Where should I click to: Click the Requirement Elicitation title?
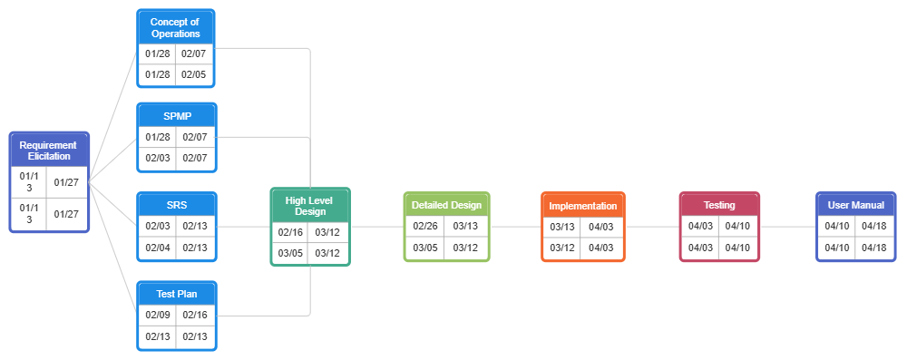49,151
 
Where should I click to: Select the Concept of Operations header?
176,27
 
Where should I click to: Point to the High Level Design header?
310,206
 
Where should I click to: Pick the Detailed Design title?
446,205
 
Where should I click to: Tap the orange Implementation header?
582,206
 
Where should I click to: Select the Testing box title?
719,205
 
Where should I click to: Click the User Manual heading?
855,205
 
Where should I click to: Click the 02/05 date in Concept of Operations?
194,74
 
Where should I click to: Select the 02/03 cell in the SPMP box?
157,158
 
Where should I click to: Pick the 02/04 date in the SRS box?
157,248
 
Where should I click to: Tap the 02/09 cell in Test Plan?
157,316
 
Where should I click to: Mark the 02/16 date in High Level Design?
290,232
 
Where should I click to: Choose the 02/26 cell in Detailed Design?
425,226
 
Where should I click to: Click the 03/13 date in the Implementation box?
562,227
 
